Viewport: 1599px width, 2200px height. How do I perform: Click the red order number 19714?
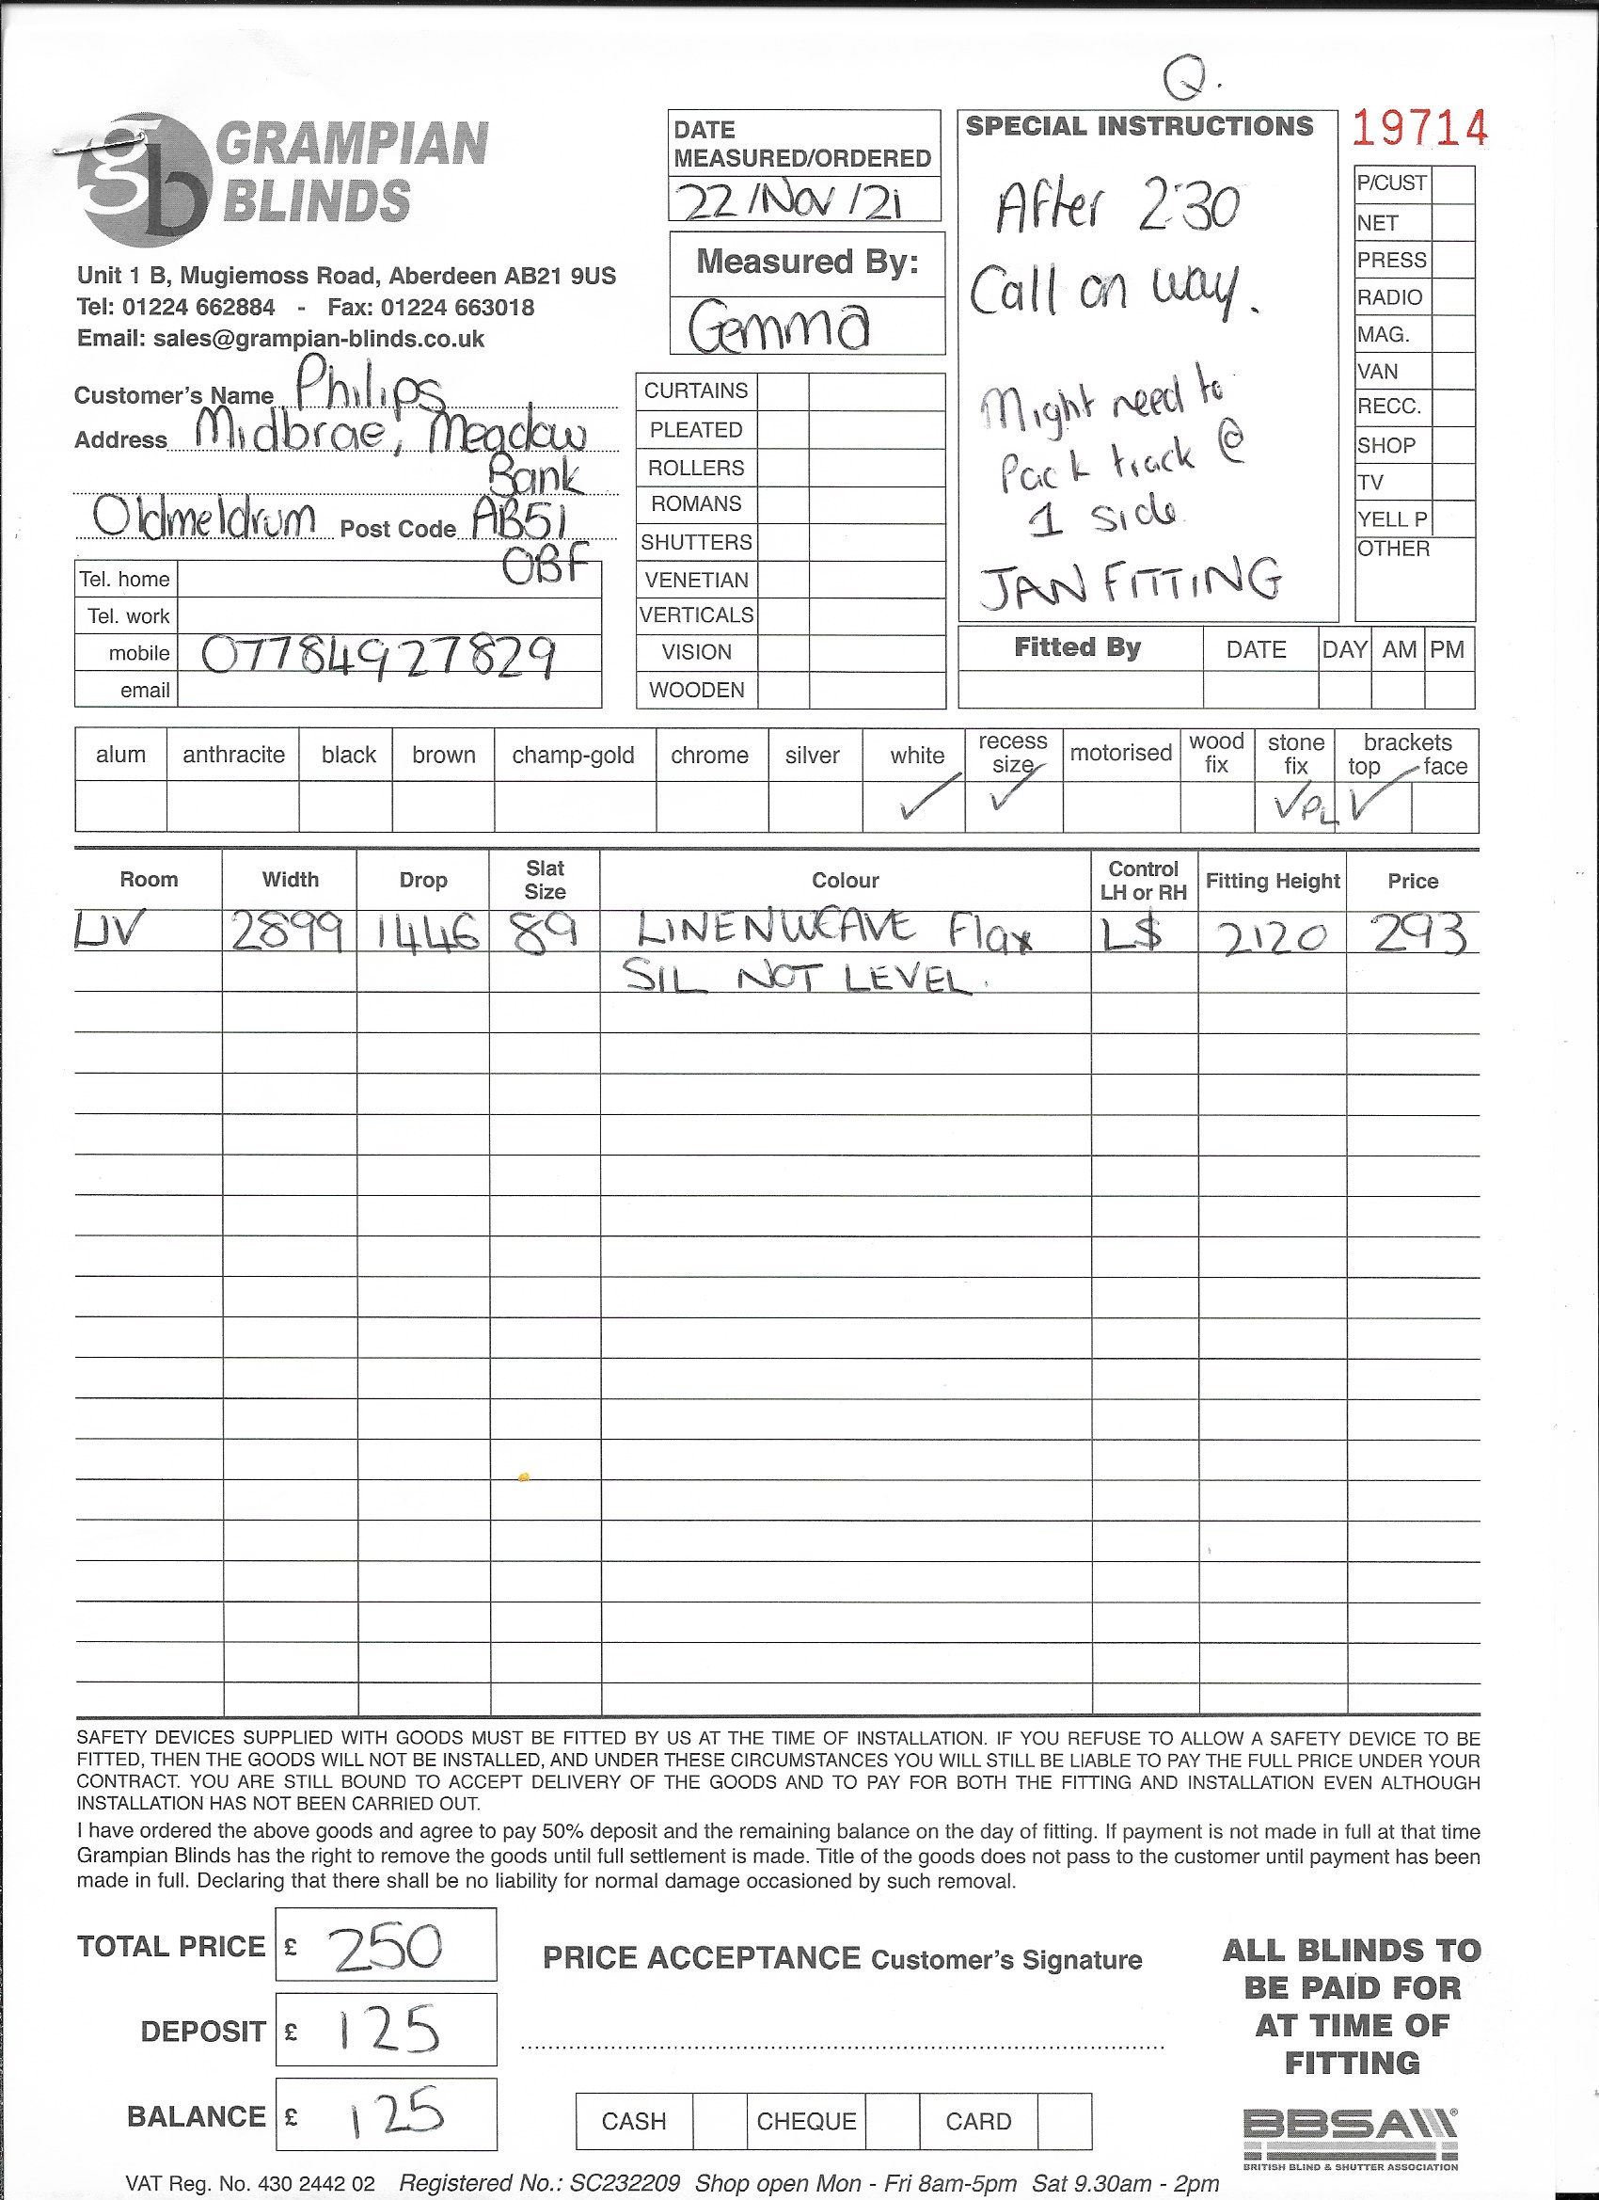coord(1418,128)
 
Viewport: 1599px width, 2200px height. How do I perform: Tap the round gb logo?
coord(146,181)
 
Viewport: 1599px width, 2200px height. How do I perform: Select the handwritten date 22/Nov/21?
coord(789,201)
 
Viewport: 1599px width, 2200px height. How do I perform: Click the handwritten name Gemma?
coord(779,327)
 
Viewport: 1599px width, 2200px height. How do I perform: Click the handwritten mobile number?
coord(378,657)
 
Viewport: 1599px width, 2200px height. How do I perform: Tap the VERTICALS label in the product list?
coord(696,615)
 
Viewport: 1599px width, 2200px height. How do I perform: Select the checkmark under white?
coord(928,796)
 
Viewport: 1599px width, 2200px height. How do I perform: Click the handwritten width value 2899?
coord(286,933)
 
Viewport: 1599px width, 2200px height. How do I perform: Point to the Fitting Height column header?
coord(1273,881)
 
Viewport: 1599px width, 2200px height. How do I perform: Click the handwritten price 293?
coord(1417,934)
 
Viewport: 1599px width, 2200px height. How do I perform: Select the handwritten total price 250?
coord(387,1947)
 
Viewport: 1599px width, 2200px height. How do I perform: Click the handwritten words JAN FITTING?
coord(1130,582)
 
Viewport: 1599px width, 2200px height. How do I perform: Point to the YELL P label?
coord(1391,520)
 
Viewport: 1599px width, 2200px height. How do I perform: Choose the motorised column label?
coord(1120,753)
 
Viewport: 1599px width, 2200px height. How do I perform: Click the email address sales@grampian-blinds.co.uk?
coord(318,340)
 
